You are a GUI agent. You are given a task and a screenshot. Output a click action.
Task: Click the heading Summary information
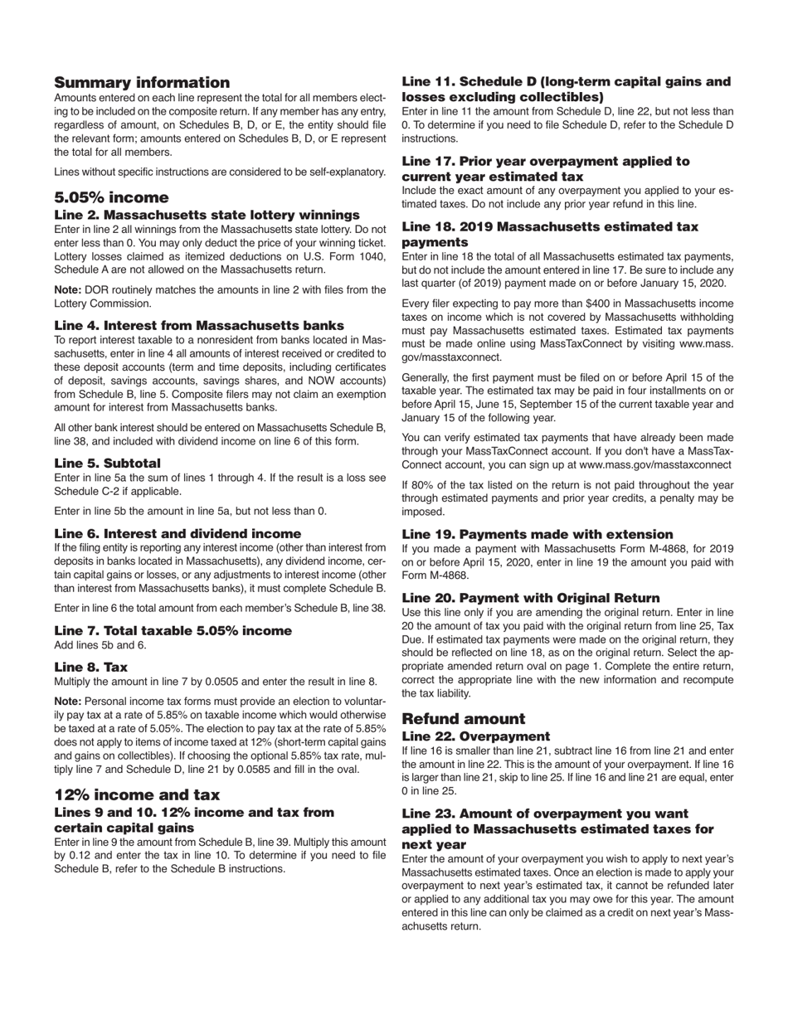142,82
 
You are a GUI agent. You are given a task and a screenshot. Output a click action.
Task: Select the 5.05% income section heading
111,197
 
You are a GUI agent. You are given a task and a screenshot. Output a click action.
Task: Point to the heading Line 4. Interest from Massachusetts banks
199,325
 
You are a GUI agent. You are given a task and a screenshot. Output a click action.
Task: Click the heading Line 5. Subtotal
107,463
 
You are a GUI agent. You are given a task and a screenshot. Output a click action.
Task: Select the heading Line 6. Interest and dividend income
178,533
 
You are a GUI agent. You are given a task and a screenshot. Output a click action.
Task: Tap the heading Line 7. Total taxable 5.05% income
173,630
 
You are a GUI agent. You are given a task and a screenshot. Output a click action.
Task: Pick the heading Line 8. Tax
90,667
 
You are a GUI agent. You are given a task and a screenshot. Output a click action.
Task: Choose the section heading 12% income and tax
137,795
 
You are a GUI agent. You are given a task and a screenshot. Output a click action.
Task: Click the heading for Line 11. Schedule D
566,89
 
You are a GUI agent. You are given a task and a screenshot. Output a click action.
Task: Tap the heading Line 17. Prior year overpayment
545,168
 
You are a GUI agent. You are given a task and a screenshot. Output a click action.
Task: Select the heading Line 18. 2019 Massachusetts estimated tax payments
549,234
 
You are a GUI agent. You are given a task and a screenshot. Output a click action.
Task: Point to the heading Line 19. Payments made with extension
537,534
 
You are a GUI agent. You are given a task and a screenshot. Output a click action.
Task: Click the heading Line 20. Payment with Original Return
531,598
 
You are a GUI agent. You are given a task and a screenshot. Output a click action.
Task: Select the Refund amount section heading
464,719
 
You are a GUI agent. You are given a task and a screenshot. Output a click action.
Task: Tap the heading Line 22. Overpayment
474,736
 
